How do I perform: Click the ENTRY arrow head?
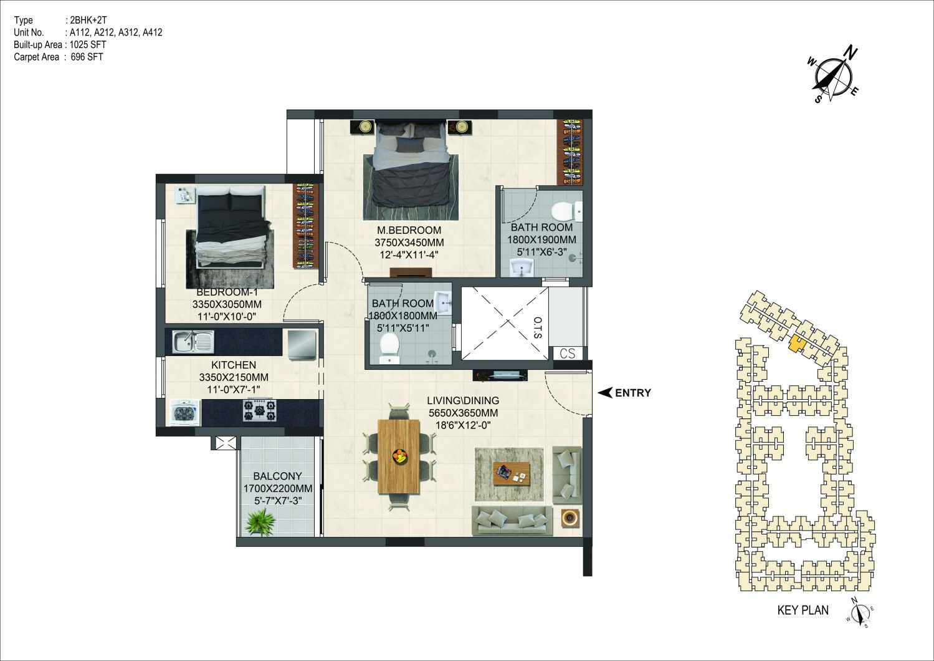605,393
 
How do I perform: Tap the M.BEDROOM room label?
409,230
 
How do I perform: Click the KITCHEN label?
234,365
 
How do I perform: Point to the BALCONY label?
277,476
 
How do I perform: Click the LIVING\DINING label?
463,400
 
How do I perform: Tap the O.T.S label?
538,327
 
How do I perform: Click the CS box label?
567,354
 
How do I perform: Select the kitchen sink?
193,342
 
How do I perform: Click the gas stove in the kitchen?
259,410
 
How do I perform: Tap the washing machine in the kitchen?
185,413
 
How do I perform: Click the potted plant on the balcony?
260,521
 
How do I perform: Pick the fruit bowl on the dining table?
399,455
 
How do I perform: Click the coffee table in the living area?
511,474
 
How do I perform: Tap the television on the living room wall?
500,375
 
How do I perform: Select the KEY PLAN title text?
803,610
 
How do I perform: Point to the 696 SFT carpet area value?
87,57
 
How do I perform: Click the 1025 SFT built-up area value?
88,45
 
